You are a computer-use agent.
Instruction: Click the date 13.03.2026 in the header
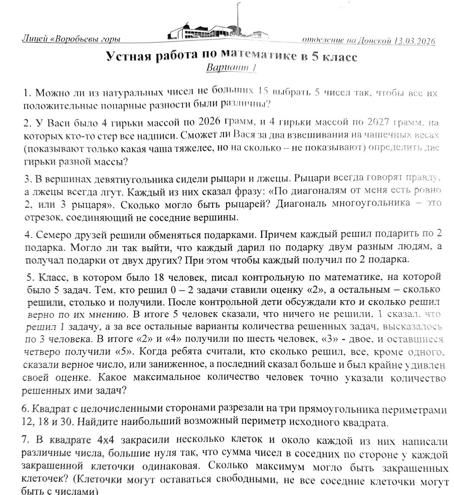[x=414, y=41]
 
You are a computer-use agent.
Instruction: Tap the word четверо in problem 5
[x=42, y=352]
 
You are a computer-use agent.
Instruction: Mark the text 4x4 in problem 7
[x=104, y=441]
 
